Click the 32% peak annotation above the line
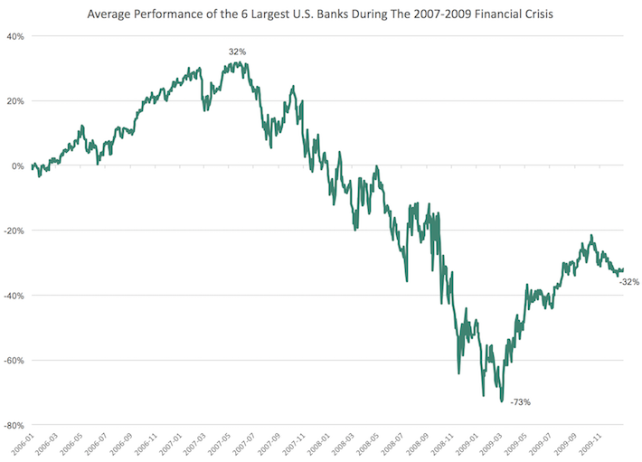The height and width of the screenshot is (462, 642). tap(238, 52)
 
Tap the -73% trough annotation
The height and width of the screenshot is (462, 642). tap(520, 401)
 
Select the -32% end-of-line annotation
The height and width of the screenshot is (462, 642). tap(629, 282)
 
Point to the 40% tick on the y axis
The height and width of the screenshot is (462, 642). tap(15, 36)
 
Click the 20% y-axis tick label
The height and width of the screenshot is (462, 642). tap(15, 101)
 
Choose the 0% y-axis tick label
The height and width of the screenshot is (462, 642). tap(18, 166)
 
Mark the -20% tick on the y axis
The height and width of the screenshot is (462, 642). tap(14, 231)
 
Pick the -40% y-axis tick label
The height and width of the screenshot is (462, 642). tap(14, 296)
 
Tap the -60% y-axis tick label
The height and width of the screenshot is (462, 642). tap(14, 360)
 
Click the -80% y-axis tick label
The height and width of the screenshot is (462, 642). tap(14, 425)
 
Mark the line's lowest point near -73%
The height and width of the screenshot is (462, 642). tap(502, 401)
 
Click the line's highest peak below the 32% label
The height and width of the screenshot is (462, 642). tap(237, 62)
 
